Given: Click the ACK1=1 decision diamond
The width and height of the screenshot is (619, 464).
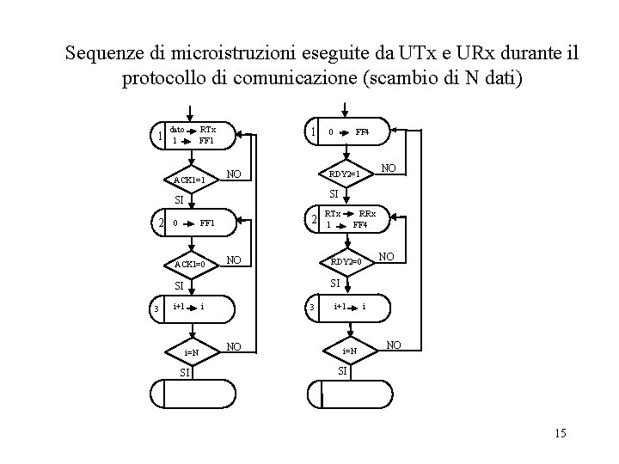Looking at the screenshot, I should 189,180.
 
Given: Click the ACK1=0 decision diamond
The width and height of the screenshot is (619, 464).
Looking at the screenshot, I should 189,264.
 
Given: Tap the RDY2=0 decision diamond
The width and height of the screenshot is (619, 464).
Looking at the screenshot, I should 347,259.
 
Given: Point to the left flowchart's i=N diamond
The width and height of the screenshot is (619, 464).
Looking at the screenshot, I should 191,352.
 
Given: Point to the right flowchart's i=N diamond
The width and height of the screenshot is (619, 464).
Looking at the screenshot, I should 351,351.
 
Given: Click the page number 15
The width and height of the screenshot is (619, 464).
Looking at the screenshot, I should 561,433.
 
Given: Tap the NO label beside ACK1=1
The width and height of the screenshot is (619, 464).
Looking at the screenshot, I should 232,174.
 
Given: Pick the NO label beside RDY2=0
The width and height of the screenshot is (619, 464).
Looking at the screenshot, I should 387,255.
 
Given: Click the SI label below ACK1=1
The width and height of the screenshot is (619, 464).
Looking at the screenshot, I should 179,200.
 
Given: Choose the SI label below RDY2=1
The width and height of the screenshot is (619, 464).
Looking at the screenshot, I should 339,195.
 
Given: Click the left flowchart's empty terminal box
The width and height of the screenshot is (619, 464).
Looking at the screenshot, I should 192,394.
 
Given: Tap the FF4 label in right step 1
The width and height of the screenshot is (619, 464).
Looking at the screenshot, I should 362,132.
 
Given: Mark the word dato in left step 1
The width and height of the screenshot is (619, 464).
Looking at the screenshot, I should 176,128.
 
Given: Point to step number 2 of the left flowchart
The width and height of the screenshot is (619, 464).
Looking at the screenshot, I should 160,223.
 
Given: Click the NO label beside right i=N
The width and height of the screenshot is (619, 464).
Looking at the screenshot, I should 394,345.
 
